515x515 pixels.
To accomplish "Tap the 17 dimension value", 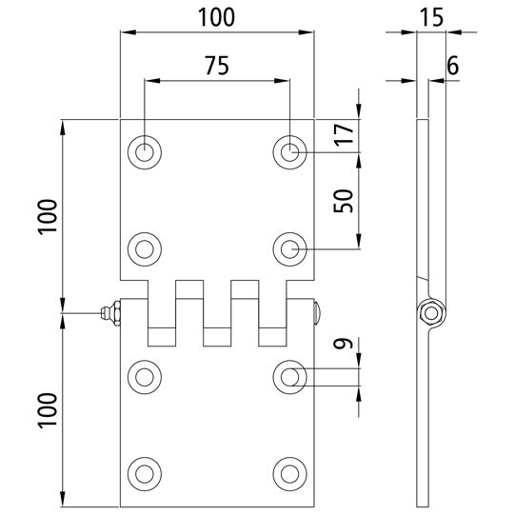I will (x=344, y=134).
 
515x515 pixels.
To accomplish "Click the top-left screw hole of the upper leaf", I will (x=144, y=151).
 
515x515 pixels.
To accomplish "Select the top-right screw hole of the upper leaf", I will (x=289, y=151).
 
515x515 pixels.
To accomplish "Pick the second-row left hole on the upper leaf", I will (x=144, y=248).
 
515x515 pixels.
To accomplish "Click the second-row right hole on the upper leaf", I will (x=289, y=248).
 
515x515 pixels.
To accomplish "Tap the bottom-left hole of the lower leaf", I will (x=144, y=472).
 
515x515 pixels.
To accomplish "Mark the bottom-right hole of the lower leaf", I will (x=289, y=472).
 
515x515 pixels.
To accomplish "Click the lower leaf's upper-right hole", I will (x=289, y=377).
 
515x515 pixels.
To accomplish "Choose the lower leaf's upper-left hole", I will (x=144, y=377).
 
